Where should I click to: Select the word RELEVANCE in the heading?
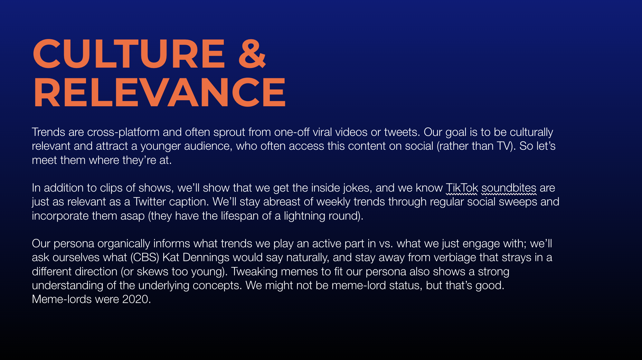coord(159,93)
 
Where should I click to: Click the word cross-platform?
coord(123,132)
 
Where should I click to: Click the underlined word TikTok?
coord(462,188)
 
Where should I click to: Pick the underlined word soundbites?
coord(509,188)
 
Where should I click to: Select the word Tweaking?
coord(254,271)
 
